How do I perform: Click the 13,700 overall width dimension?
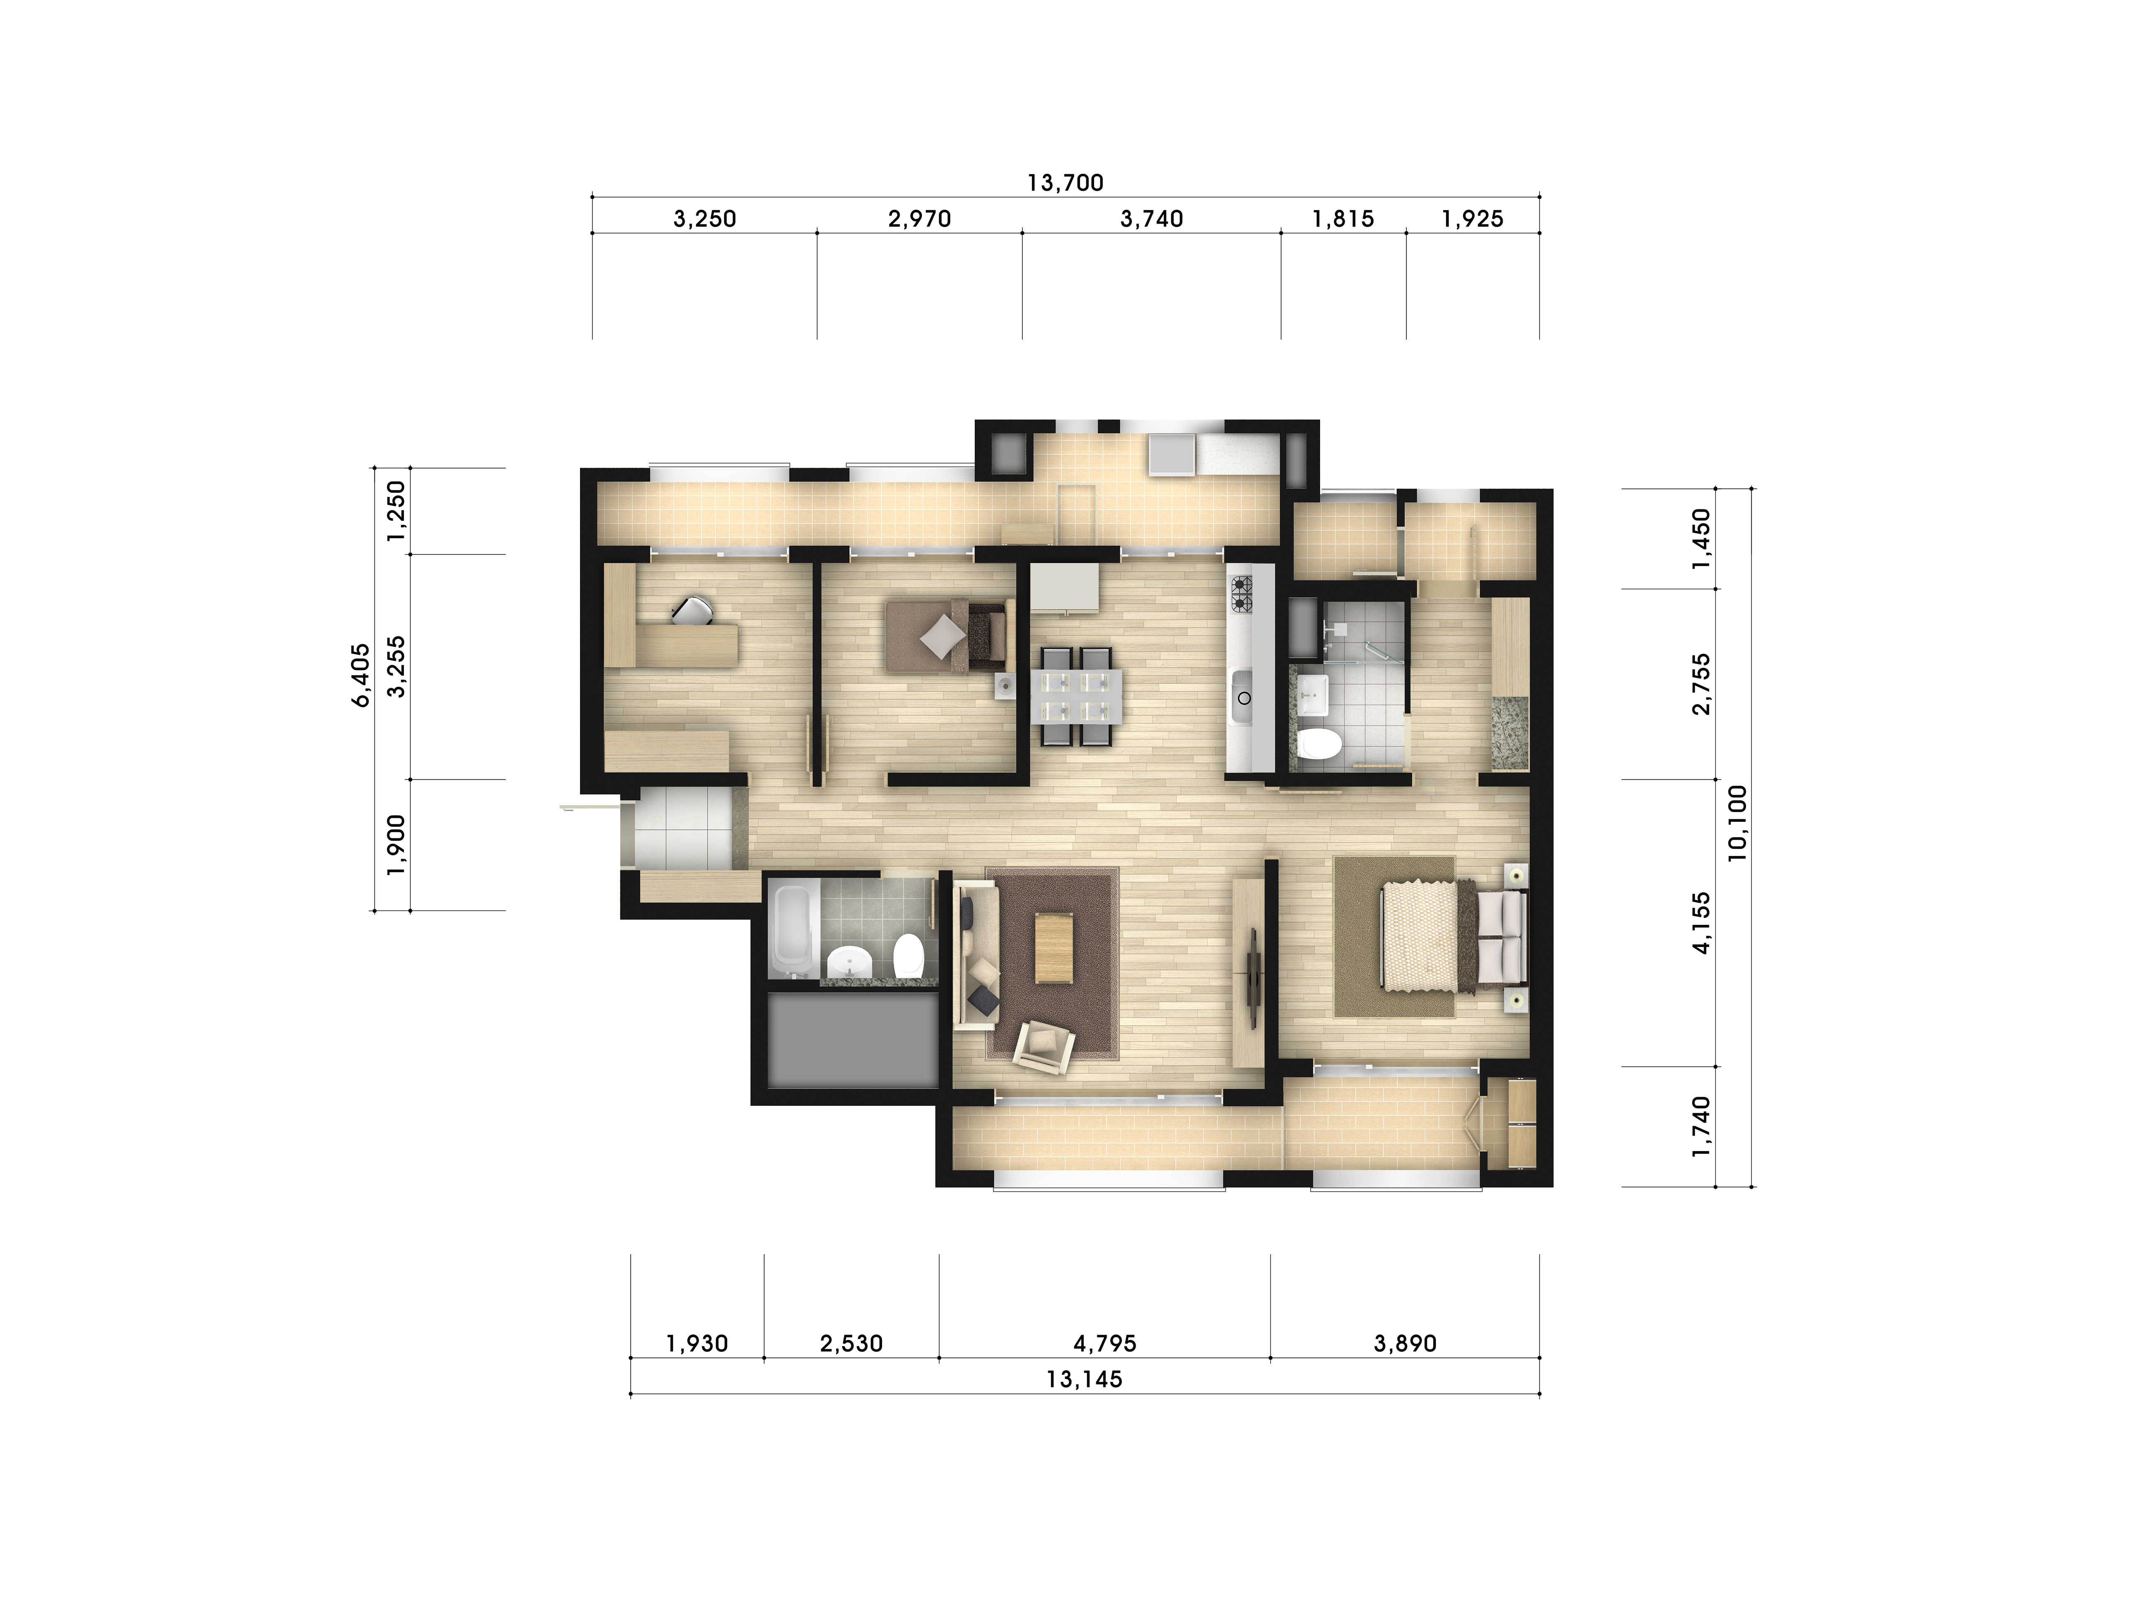coord(1065,182)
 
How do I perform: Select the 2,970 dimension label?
coord(919,219)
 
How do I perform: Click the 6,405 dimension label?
coord(362,675)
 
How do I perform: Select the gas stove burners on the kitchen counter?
coord(1241,594)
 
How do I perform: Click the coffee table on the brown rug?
coord(1053,947)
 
